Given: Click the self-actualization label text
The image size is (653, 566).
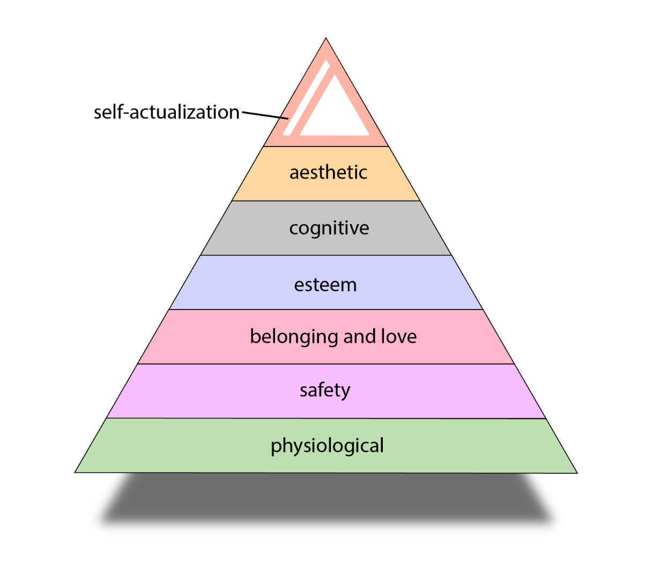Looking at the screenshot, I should click(x=166, y=112).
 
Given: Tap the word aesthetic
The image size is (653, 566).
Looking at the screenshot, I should click(x=328, y=172).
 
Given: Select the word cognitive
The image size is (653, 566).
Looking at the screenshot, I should click(x=329, y=228).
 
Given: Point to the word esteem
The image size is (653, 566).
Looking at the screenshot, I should click(x=325, y=284).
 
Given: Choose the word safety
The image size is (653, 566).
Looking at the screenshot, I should click(x=325, y=390).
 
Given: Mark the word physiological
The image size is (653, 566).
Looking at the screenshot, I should click(x=327, y=446).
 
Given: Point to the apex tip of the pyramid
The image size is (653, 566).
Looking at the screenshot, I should click(x=326, y=39).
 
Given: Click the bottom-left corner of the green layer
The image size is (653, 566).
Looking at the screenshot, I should click(x=76, y=472).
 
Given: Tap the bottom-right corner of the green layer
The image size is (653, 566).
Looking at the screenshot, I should click(x=577, y=473).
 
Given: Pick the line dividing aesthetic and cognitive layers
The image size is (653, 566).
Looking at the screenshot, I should click(x=326, y=201).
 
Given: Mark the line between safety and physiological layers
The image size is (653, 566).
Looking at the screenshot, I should click(x=326, y=418).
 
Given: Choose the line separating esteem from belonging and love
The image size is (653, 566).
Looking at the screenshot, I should click(x=326, y=310).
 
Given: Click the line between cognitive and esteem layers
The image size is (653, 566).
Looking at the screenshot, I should click(x=326, y=255).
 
